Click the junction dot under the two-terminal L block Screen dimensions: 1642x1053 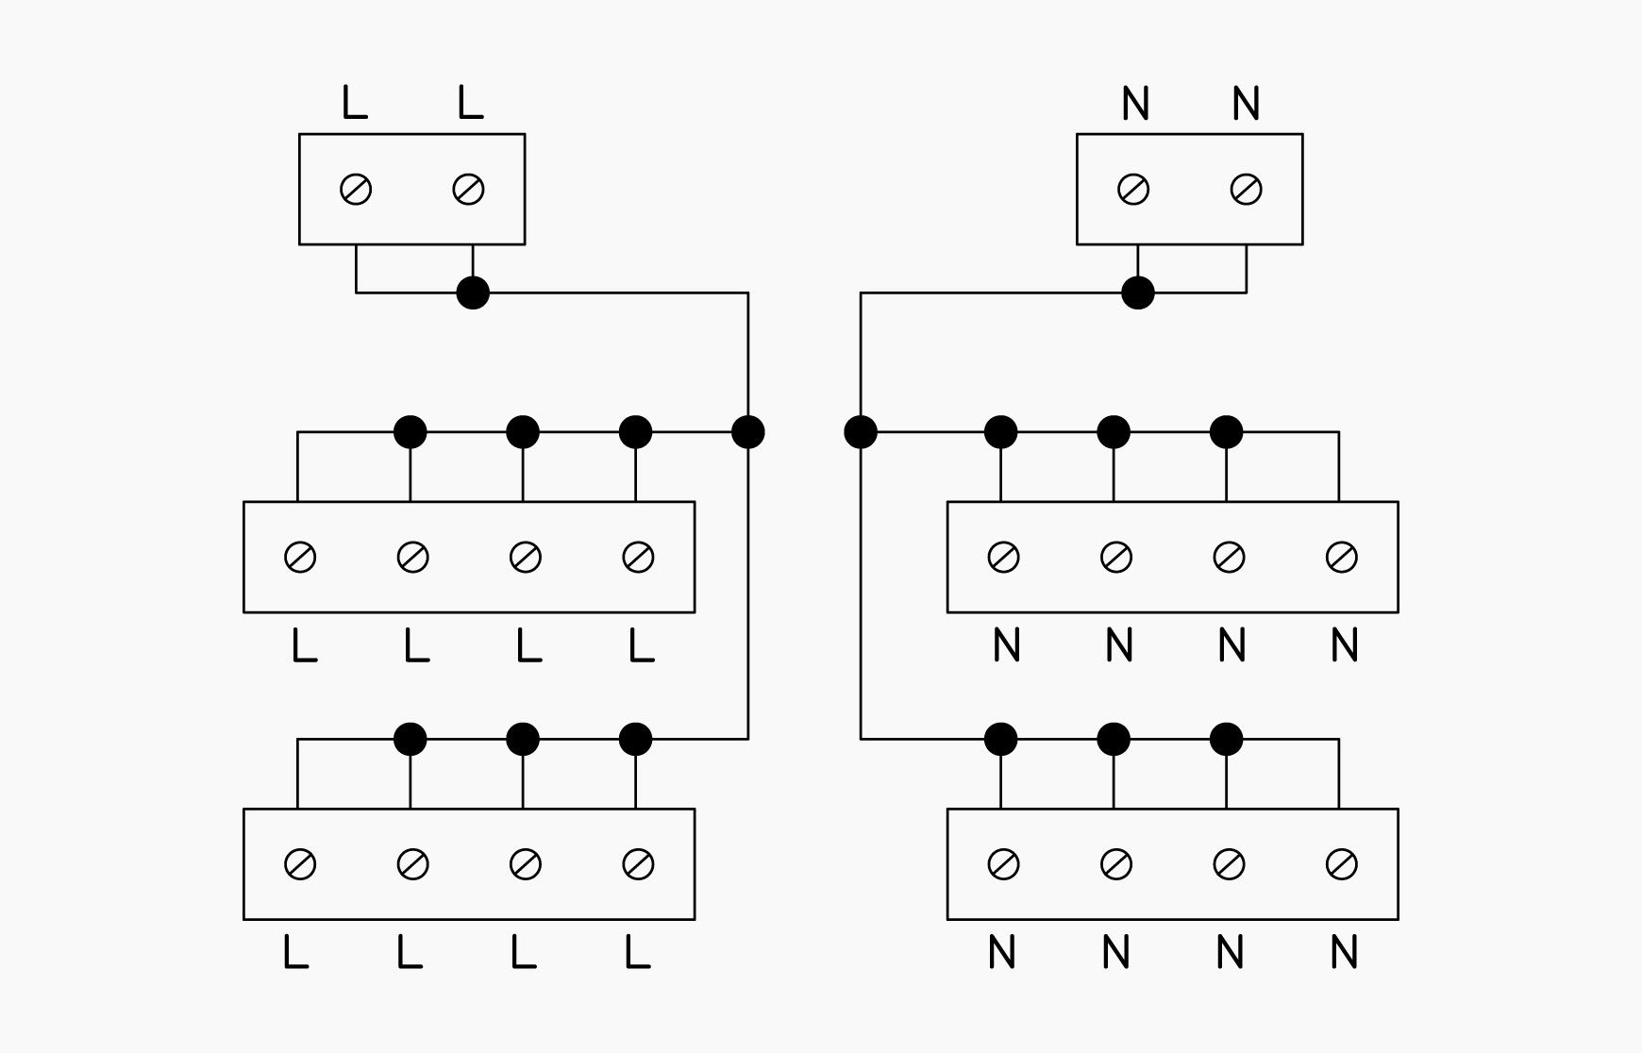click(473, 292)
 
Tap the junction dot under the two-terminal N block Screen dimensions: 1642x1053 click(1138, 292)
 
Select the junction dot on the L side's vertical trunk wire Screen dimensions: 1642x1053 click(748, 432)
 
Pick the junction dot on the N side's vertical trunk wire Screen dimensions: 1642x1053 click(861, 432)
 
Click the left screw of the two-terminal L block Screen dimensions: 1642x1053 click(356, 190)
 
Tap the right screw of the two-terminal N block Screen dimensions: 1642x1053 click(1247, 190)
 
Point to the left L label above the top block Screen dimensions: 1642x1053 click(354, 102)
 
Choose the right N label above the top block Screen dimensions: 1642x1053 click(1247, 103)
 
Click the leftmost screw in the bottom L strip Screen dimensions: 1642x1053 click(300, 864)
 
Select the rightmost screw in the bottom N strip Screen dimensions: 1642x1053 click(1342, 864)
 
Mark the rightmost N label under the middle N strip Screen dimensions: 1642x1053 click(1345, 645)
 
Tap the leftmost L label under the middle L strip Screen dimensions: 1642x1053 click(304, 645)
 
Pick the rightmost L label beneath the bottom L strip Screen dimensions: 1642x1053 click(637, 953)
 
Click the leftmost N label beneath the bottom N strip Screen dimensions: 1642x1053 click(1002, 953)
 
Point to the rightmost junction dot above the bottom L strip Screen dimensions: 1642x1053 click(636, 739)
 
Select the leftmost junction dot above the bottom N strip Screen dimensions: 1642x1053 click(1001, 739)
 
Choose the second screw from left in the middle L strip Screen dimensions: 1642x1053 click(413, 558)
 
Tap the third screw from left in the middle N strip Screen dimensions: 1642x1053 click(1229, 558)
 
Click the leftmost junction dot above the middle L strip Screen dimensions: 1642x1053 click(410, 432)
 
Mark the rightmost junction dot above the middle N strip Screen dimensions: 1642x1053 click(1227, 432)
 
